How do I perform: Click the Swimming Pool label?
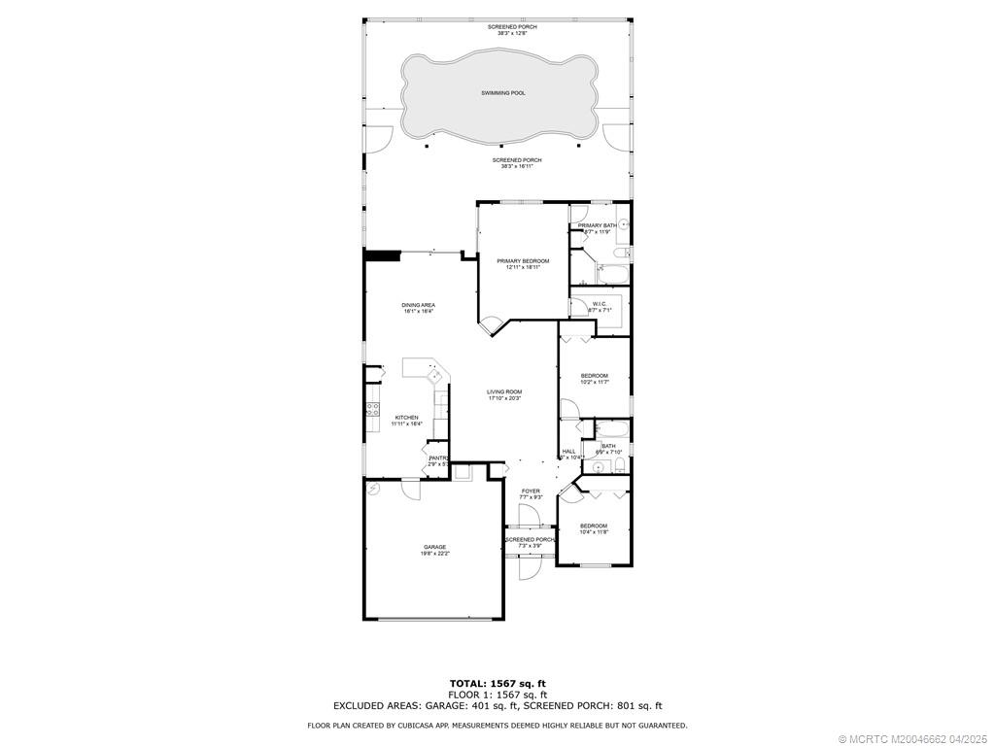click(x=503, y=93)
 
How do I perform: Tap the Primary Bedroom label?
click(x=523, y=260)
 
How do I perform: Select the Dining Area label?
click(x=419, y=305)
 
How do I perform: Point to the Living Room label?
click(x=504, y=391)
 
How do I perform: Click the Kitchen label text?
click(x=406, y=418)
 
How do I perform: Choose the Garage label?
click(x=434, y=547)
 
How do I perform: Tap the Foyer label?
click(x=531, y=492)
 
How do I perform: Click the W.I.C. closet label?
click(x=600, y=304)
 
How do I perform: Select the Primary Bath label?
click(x=597, y=225)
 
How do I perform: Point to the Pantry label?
click(x=438, y=458)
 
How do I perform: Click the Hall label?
click(x=568, y=451)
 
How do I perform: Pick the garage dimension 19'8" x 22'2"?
click(x=434, y=554)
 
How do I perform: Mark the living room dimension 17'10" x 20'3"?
click(x=504, y=398)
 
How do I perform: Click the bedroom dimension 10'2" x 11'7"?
click(x=594, y=383)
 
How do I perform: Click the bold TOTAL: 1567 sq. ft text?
click(x=497, y=683)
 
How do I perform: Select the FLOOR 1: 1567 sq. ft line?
click(x=497, y=695)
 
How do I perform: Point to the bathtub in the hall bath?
click(x=613, y=429)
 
